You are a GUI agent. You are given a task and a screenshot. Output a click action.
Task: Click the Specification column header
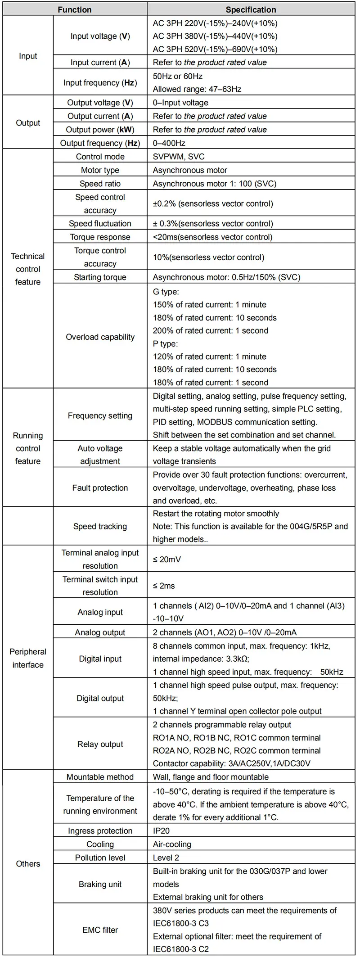[x=251, y=9]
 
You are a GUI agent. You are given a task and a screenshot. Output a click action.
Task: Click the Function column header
[x=75, y=9]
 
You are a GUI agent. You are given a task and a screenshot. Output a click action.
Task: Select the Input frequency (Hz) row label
[x=100, y=83]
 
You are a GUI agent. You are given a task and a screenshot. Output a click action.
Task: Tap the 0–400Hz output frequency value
[x=169, y=143]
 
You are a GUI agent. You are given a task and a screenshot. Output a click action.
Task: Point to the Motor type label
[x=100, y=170]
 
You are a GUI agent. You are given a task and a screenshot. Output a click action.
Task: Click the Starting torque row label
[x=100, y=277]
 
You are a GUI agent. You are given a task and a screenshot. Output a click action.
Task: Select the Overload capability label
[x=100, y=337]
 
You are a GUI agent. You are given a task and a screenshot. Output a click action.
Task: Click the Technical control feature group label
[x=28, y=269]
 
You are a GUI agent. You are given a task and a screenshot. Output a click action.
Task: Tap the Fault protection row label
[x=100, y=488]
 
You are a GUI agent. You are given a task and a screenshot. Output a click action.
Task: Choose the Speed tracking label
[x=100, y=526]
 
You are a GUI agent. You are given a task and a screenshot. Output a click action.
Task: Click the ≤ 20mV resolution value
[x=167, y=560]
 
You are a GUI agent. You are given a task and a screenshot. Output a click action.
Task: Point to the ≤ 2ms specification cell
[x=164, y=586]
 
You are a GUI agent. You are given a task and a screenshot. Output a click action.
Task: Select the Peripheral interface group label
[x=28, y=658]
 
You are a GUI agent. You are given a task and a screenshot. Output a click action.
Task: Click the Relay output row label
[x=100, y=744]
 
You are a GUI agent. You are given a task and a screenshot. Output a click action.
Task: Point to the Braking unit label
[x=100, y=884]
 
